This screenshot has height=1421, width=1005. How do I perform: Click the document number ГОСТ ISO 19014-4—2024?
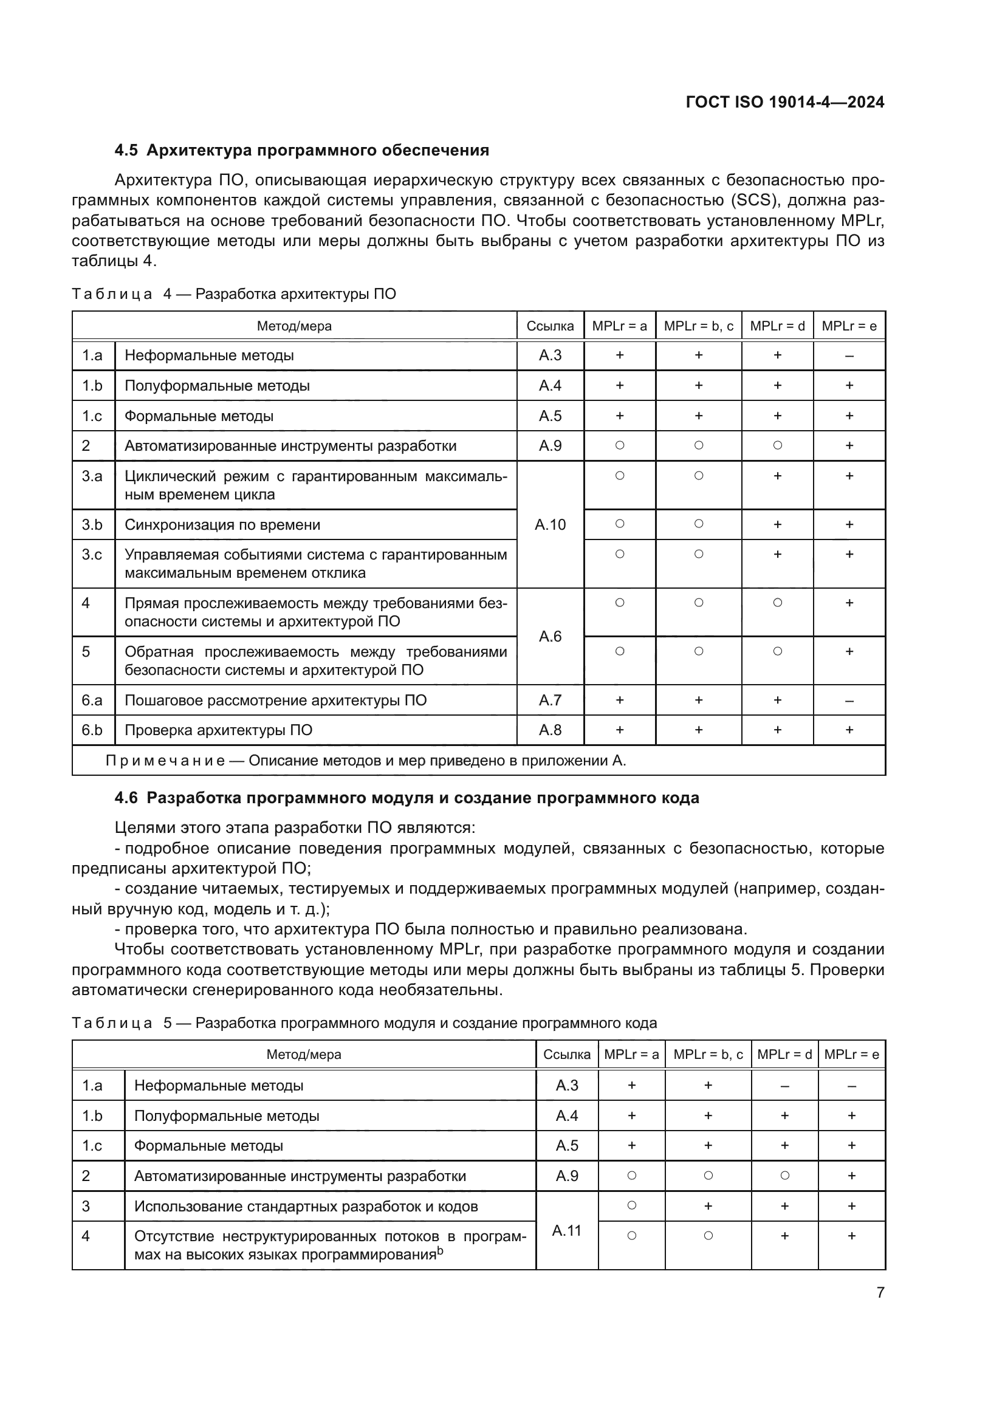784,102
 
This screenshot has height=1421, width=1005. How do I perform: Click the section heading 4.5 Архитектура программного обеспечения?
302,151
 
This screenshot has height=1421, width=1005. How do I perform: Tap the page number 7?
880,1292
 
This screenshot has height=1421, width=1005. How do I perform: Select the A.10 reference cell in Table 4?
550,525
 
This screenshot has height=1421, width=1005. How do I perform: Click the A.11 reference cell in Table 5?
566,1230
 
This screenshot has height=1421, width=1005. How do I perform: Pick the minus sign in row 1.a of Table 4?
849,356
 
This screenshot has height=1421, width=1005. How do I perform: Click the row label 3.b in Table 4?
92,525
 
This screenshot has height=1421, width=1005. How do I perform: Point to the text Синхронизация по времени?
222,525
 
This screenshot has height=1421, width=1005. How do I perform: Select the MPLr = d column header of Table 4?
777,326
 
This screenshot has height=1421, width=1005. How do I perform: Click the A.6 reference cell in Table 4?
550,636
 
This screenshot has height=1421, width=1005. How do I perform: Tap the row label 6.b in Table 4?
92,730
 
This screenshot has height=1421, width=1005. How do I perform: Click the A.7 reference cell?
550,700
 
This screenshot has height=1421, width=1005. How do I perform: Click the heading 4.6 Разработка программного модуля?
406,798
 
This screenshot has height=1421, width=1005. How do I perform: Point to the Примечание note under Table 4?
365,761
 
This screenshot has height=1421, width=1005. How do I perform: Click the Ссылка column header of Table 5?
566,1055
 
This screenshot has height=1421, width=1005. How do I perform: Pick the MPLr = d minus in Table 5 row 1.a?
784,1086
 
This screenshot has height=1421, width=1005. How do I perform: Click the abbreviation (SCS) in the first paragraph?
752,200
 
